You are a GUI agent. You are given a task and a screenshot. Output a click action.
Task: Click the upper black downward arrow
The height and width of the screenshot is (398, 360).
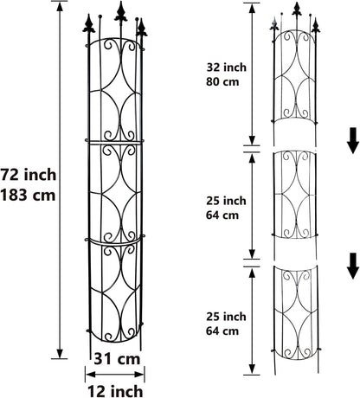[x=351, y=138]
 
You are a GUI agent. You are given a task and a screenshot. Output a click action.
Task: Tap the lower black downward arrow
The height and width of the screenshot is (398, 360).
[x=351, y=266]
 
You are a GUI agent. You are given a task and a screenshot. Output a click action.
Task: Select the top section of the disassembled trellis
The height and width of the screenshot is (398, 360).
[x=299, y=78]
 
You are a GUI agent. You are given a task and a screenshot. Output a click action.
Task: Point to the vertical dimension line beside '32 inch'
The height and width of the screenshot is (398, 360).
[x=250, y=74]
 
